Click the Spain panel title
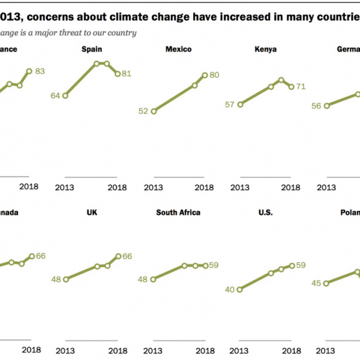coord(91,49)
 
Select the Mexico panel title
coord(178,49)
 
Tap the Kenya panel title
coord(265,49)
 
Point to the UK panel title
coord(91,212)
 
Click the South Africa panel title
coord(178,212)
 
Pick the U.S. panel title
coord(265,212)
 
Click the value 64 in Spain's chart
coord(55,95)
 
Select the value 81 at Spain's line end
coord(127,74)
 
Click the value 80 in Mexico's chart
coord(214,75)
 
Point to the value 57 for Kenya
coord(229,104)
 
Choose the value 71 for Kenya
coord(301,86)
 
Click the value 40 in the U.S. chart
coord(229,289)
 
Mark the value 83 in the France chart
coord(40,71)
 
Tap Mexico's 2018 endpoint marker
coord(205,75)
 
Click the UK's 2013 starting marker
coord(65,279)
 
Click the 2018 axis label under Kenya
coord(291,187)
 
